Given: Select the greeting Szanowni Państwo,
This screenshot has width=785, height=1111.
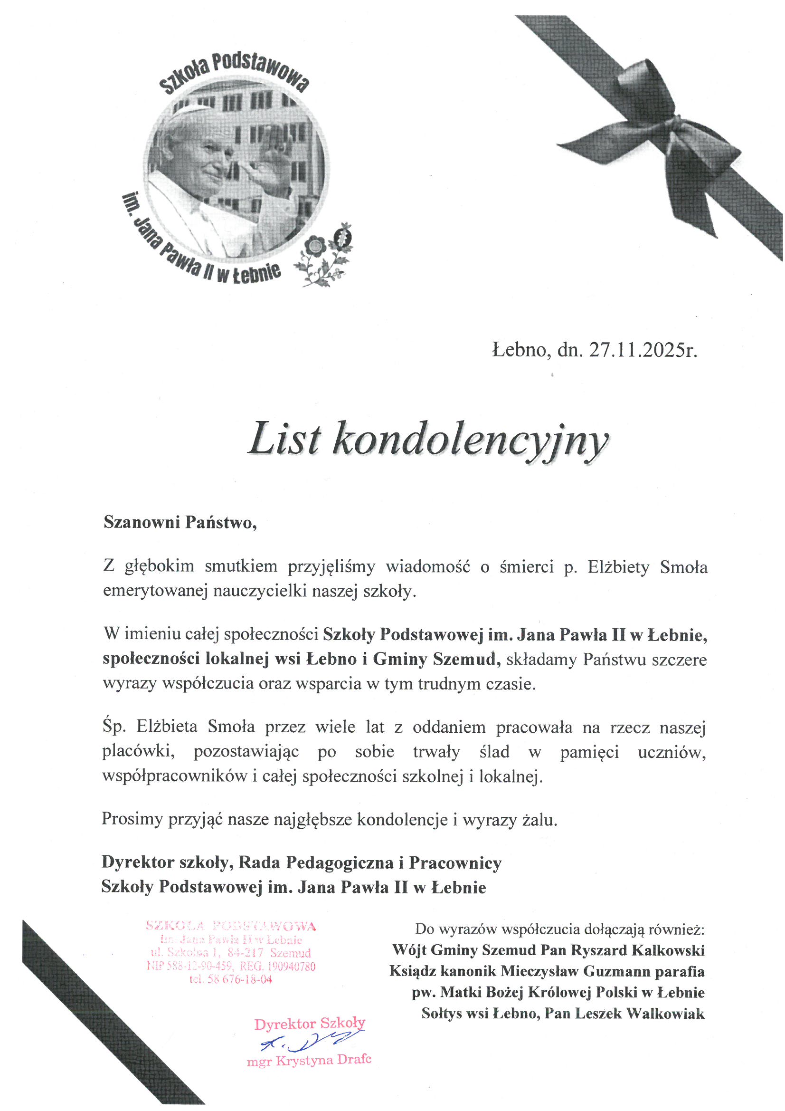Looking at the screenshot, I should tap(180, 523).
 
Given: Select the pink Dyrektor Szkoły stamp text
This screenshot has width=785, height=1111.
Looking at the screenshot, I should tap(310, 1024).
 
